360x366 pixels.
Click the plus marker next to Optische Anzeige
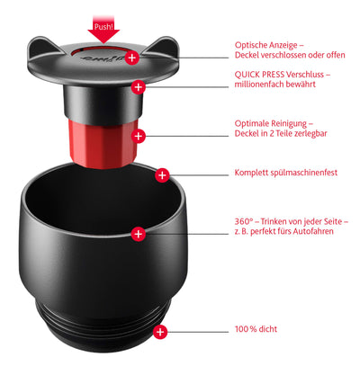pos(132,57)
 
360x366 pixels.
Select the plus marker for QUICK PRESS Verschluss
pos(139,87)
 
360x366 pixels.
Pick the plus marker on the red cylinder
pos(138,136)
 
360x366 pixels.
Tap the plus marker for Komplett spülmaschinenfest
pos(162,174)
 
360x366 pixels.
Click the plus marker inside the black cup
pos(138,233)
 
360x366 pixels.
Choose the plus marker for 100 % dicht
pos(160,332)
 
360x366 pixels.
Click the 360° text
pos(244,221)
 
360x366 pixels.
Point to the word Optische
pos(252,44)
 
